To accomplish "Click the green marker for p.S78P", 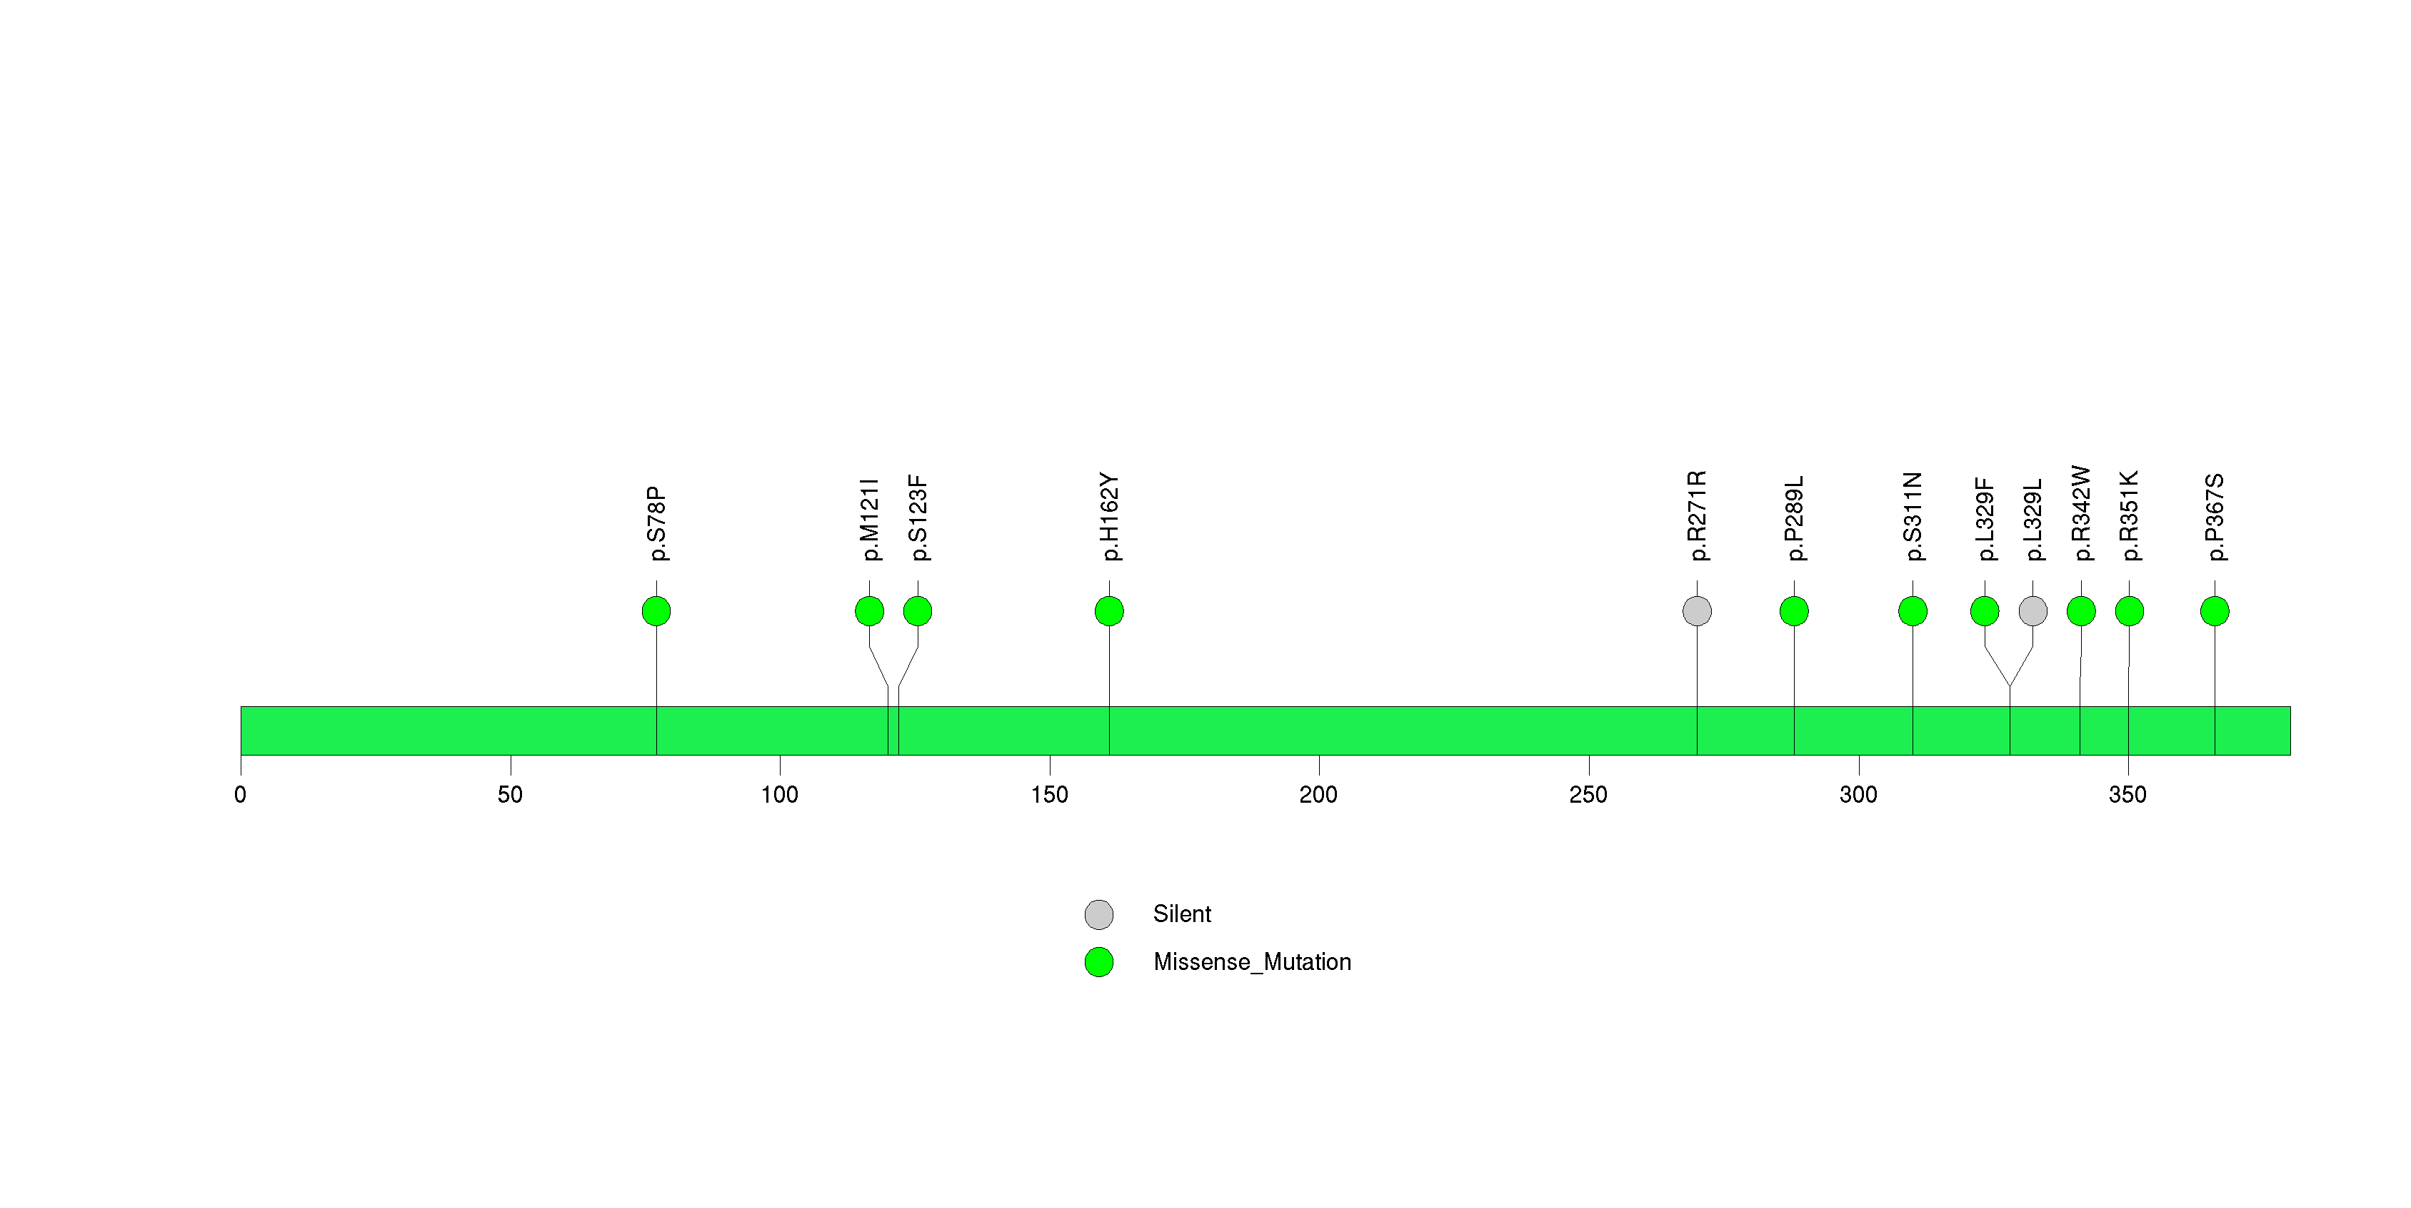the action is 656,611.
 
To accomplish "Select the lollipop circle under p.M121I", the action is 870,611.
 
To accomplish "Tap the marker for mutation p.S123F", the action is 917,611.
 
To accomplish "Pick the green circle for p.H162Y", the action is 1109,611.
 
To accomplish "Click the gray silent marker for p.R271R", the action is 1697,611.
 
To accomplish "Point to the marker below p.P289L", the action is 1794,611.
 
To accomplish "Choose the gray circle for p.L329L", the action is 2033,611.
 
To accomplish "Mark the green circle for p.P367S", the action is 2215,611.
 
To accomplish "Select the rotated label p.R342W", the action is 2080,513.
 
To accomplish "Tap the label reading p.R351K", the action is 2130,516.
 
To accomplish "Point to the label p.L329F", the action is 1984,520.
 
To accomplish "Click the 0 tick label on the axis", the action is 241,795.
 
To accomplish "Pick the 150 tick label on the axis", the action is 1049,795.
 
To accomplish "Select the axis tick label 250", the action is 1588,795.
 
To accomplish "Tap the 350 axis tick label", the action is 2127,795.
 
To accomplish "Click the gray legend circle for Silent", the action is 1099,914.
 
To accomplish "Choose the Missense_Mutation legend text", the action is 1253,961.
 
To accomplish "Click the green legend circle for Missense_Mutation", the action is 1099,961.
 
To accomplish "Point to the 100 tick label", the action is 780,795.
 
